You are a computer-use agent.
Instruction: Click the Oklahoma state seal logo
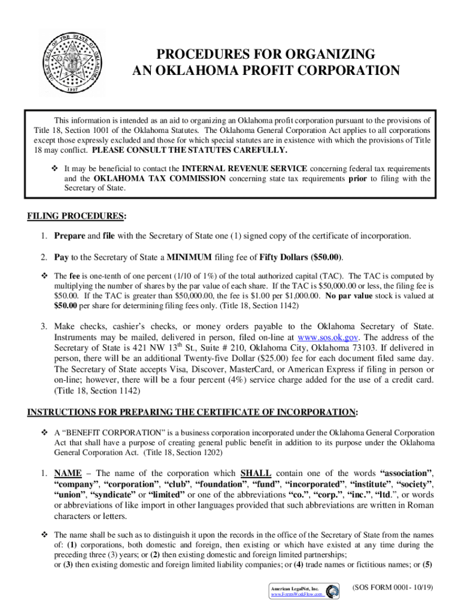pyautogui.click(x=72, y=62)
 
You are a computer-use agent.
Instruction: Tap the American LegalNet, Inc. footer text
pyautogui.click(x=294, y=589)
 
